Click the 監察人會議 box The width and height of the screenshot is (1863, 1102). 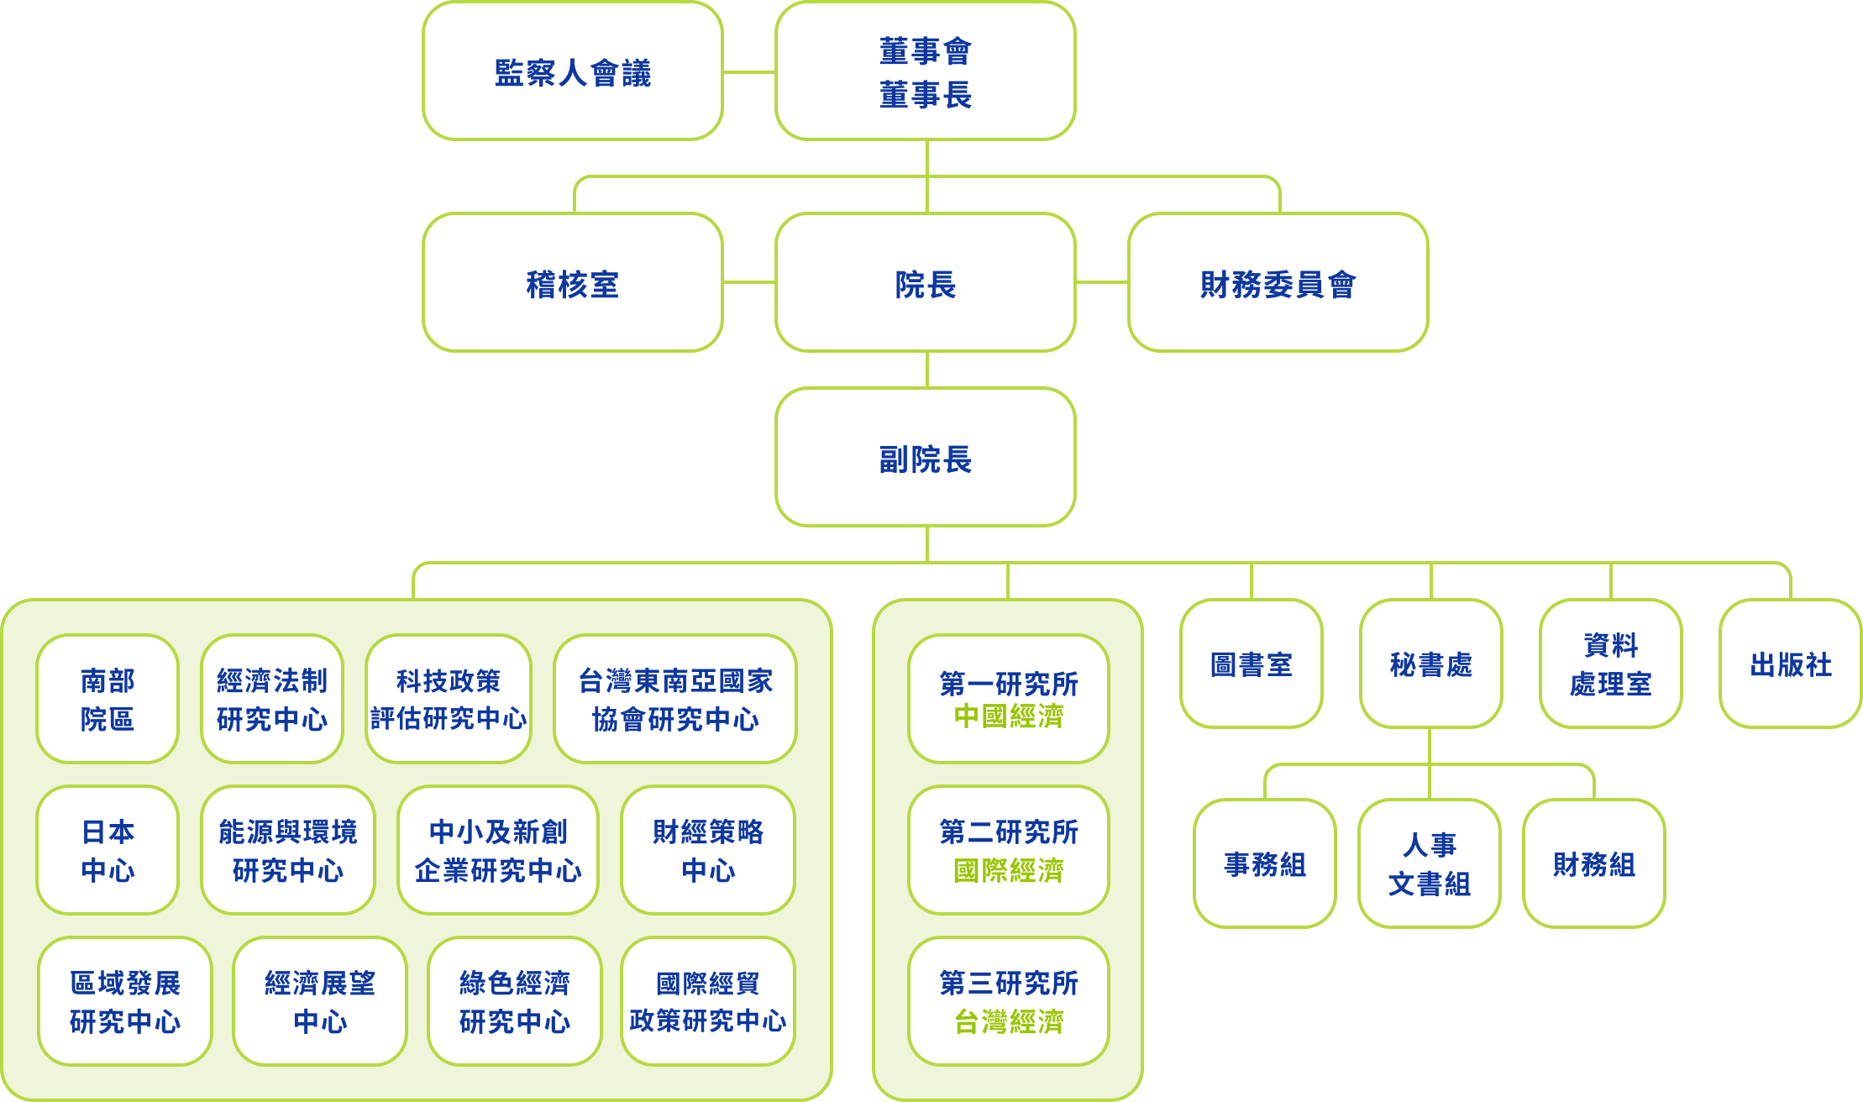point(573,71)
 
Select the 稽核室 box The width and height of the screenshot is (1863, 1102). point(573,283)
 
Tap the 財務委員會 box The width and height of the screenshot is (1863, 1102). point(1278,283)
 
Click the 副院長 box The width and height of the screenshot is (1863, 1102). point(926,458)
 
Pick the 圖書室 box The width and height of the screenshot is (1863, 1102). point(1252,664)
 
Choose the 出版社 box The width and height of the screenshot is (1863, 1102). point(1791,664)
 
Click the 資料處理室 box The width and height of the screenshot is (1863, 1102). point(1611,664)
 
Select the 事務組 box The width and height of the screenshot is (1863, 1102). point(1265,863)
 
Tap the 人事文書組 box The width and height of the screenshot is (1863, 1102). point(1430,863)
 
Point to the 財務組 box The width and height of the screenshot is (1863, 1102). point(1594,863)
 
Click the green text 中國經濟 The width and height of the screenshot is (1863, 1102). point(1009,716)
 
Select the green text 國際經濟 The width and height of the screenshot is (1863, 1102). point(1009,870)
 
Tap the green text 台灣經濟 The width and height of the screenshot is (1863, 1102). point(1009,1021)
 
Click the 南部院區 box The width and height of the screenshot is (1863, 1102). point(108,699)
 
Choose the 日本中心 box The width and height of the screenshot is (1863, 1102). point(108,850)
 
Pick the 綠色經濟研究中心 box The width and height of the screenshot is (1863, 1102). point(515,1001)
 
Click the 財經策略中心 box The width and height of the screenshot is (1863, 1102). point(708,850)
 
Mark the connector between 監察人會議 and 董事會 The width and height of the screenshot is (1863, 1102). point(749,72)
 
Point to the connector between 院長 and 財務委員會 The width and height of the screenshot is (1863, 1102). point(1102,282)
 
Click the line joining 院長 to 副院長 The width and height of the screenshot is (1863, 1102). point(927,370)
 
